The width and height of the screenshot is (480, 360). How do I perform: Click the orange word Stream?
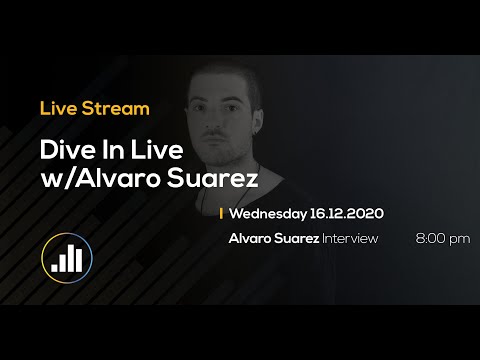(121, 106)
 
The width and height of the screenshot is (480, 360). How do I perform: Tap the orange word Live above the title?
(59, 106)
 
